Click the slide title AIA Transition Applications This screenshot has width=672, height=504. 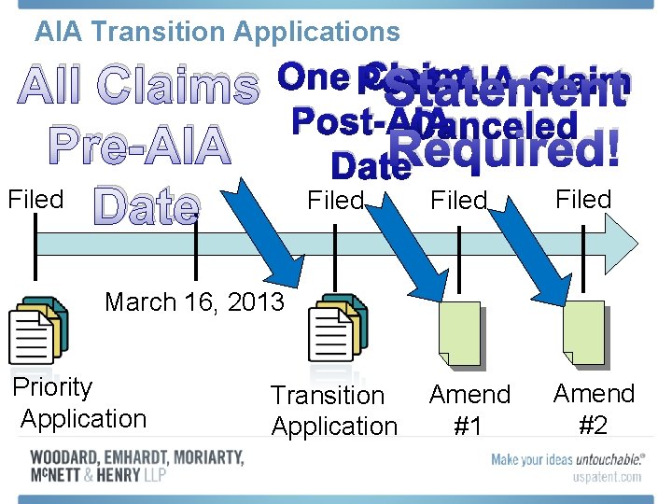point(217,32)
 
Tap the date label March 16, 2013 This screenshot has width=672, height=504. point(194,302)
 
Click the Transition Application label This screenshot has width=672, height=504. point(333,411)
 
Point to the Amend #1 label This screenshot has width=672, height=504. point(469,410)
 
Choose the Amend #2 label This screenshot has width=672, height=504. point(594,409)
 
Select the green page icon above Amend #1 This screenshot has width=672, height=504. point(459,334)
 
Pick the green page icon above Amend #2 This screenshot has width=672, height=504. point(582,332)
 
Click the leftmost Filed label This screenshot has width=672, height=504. point(35,199)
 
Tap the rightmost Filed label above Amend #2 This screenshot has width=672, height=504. point(583,199)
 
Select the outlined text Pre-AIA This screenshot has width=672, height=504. point(138,147)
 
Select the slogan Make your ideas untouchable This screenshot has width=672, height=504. point(567,459)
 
